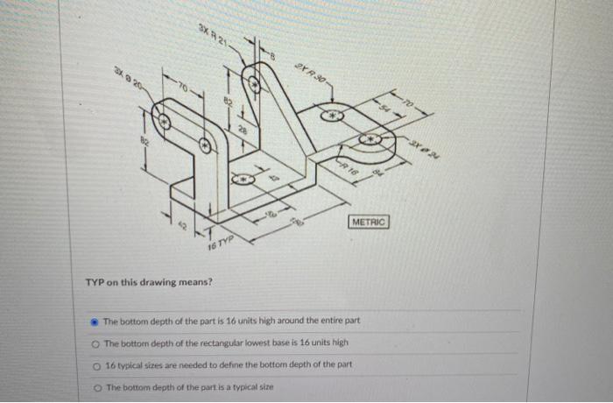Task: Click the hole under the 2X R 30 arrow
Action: click(x=332, y=114)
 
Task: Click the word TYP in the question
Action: click(x=95, y=282)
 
